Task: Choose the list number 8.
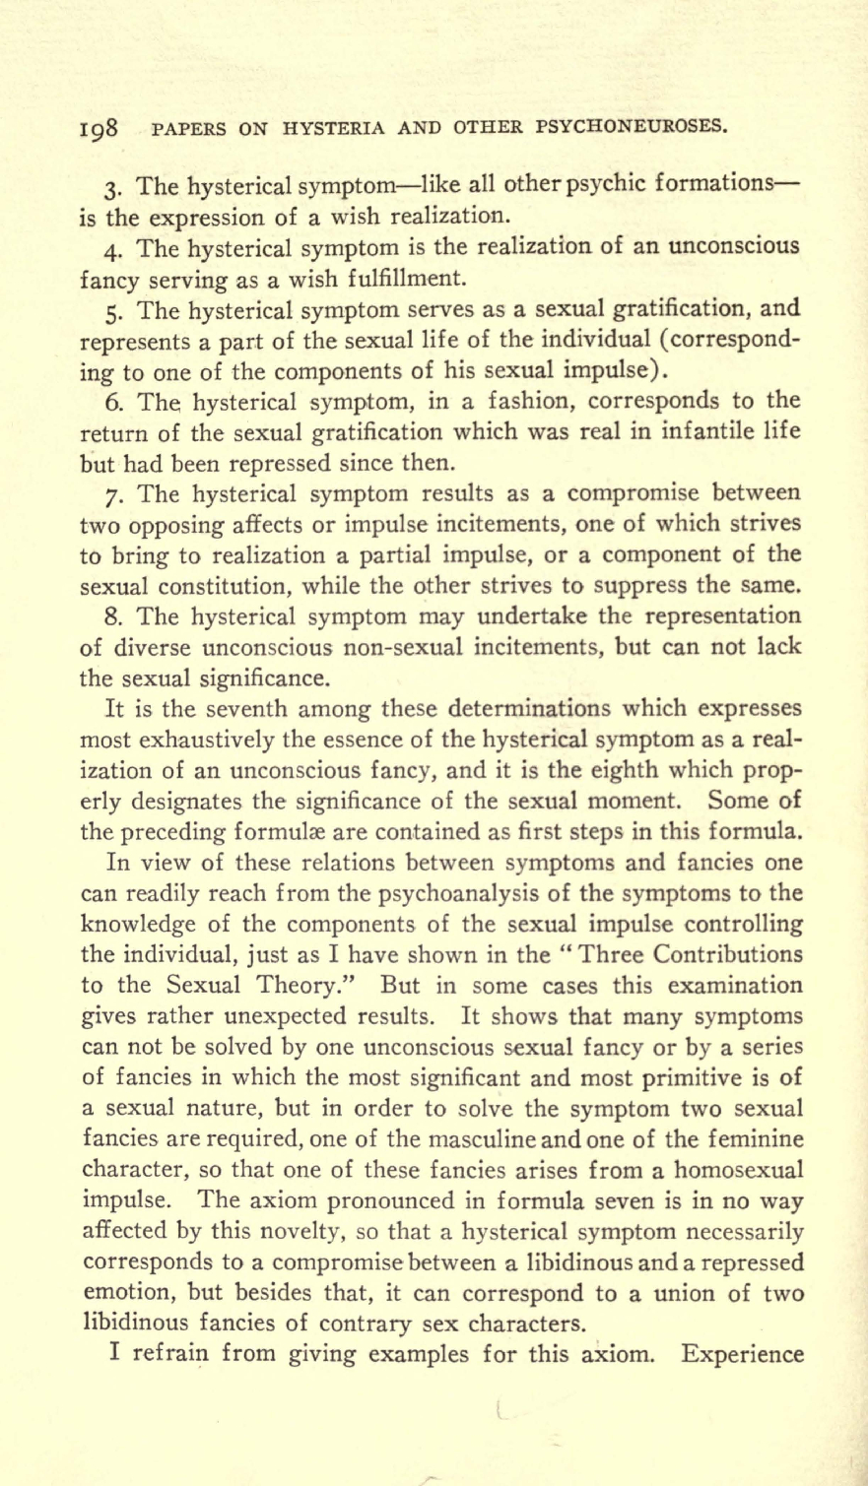[x=110, y=616]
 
